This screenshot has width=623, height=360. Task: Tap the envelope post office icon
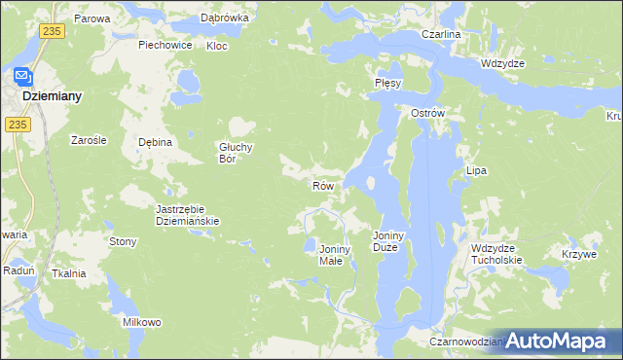point(22,75)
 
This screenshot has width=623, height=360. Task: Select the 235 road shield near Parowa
point(53,32)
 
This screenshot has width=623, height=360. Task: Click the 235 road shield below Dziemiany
point(16,125)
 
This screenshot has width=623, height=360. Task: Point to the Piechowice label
point(165,45)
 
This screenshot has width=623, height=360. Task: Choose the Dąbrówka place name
point(225,18)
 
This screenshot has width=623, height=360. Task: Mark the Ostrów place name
point(427,113)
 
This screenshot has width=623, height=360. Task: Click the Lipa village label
point(476,170)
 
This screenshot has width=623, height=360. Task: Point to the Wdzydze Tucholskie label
point(496,254)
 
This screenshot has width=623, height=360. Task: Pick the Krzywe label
point(578,253)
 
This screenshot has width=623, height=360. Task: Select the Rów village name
point(323,185)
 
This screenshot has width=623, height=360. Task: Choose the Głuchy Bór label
point(236,153)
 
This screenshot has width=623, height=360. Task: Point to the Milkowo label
point(141,322)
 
